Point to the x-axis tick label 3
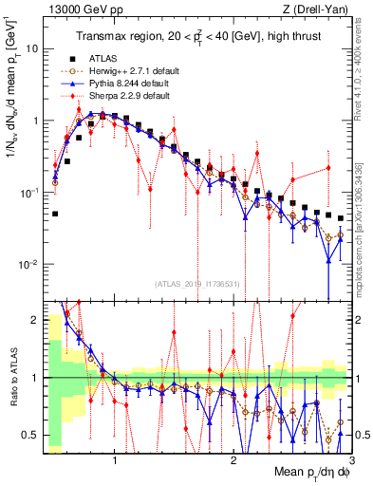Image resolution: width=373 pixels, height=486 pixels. tap(350, 458)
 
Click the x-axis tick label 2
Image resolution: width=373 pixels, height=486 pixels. tap(233, 458)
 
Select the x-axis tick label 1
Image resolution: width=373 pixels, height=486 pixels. tap(115, 458)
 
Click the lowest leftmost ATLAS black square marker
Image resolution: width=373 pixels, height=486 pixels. tap(55, 214)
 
